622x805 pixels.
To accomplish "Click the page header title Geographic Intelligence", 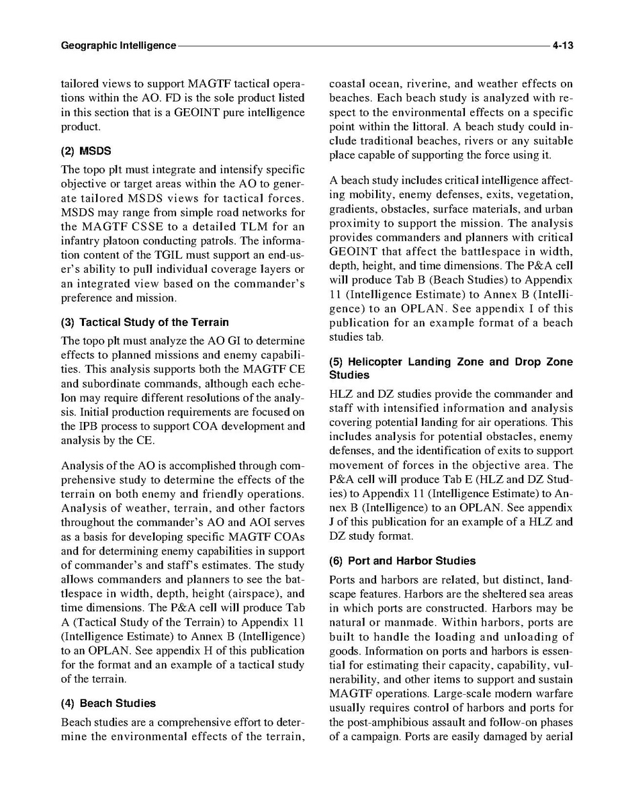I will point(118,46).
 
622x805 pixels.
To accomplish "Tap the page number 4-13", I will point(562,46).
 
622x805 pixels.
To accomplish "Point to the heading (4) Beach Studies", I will point(108,703).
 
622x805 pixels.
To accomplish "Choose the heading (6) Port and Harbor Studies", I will point(402,560).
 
